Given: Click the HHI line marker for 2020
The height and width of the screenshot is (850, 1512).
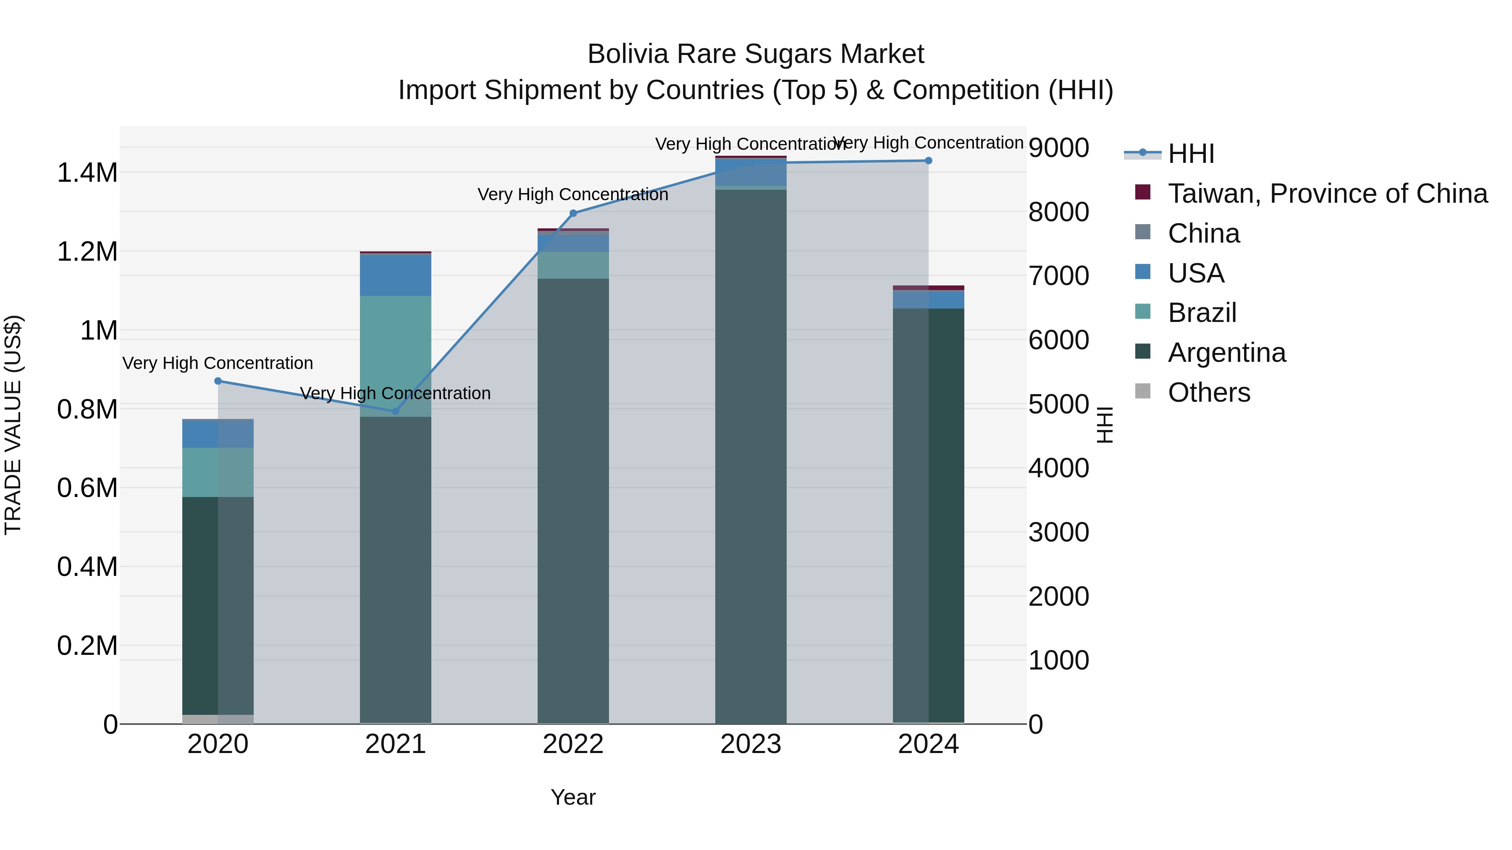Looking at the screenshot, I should click(x=218, y=381).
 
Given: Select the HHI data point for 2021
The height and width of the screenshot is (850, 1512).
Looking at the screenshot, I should click(x=396, y=411).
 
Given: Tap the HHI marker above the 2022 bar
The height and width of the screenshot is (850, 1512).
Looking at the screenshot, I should click(x=573, y=214).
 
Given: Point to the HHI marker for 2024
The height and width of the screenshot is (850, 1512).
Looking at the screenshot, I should click(x=928, y=161).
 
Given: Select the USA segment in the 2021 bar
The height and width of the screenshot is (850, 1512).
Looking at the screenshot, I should click(x=396, y=275).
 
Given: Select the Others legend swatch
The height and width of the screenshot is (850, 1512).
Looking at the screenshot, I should click(x=1143, y=391).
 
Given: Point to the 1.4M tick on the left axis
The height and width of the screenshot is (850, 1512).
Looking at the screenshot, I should click(x=87, y=173).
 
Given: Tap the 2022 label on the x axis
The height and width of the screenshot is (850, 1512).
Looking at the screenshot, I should click(x=573, y=744).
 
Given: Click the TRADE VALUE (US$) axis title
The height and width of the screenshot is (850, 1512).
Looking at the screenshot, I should click(x=13, y=425).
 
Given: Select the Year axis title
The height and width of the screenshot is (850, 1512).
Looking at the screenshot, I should click(x=573, y=797).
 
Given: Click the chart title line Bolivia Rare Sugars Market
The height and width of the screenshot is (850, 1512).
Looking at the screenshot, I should click(x=756, y=54).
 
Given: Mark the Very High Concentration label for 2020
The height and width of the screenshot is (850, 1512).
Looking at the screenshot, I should click(x=217, y=363).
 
